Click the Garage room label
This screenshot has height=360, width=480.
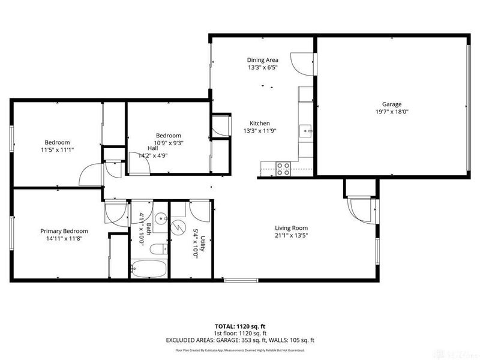(x=392, y=104)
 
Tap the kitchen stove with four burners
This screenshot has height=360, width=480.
(x=283, y=169)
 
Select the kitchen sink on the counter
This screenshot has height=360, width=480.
(x=306, y=129)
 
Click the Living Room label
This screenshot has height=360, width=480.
(x=291, y=227)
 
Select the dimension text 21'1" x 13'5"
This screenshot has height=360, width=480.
(x=291, y=236)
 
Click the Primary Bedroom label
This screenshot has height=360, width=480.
(x=64, y=231)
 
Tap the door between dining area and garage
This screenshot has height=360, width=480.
(x=298, y=62)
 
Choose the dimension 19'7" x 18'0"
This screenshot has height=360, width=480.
(x=392, y=112)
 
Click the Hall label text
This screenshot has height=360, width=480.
(x=152, y=148)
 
